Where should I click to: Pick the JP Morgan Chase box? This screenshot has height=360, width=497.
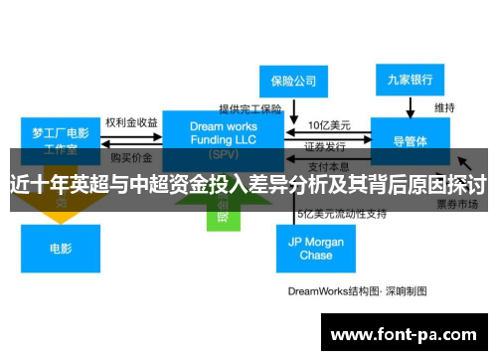(x=316, y=248)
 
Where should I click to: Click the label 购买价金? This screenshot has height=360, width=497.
(x=130, y=157)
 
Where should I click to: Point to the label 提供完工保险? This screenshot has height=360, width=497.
(x=250, y=108)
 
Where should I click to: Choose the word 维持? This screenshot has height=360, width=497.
(x=444, y=106)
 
